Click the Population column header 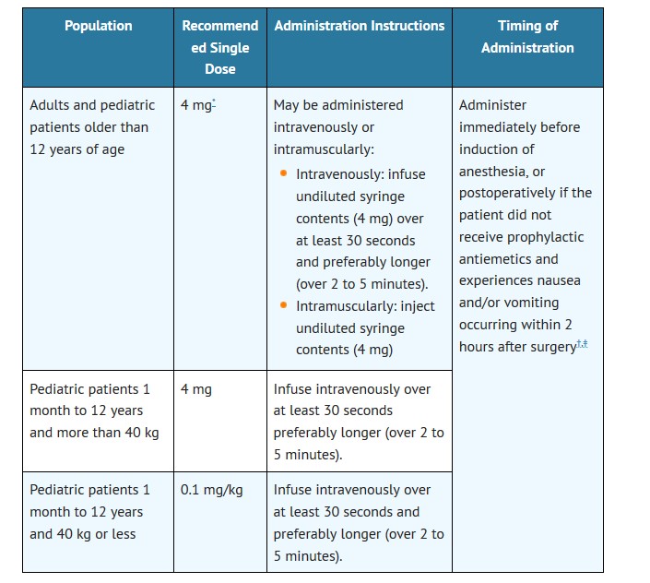point(98,26)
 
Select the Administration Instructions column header point(359,26)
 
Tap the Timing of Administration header point(526,37)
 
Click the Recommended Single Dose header point(219,47)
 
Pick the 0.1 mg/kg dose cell point(211,490)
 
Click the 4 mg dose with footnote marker point(197,105)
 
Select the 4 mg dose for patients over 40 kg point(195,389)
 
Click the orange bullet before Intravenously point(283,173)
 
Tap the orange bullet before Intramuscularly point(283,305)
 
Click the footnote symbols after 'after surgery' point(581,345)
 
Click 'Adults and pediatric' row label point(92,105)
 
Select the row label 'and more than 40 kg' point(94,433)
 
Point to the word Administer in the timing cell point(492,105)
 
